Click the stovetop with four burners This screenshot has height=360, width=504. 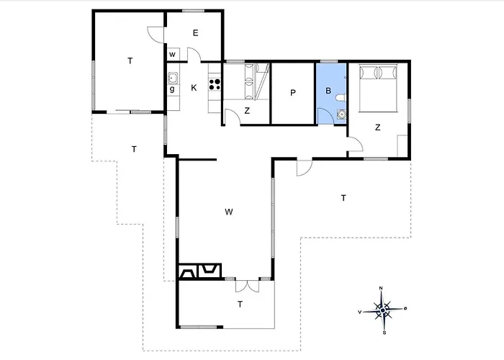tap(215, 84)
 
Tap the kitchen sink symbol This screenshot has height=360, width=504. tap(173, 78)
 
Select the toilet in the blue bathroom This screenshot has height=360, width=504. tap(341, 98)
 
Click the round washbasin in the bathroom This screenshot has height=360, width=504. tap(341, 114)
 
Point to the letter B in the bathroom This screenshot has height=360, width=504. tap(328, 91)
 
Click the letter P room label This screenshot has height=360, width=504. tap(293, 93)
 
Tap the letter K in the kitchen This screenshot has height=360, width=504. tap(194, 88)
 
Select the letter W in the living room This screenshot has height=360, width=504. tap(229, 212)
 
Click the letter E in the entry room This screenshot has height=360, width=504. tap(195, 33)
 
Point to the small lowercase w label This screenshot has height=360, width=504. tap(172, 55)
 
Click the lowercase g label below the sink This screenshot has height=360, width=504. tap(172, 89)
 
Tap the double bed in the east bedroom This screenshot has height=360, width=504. tap(378, 88)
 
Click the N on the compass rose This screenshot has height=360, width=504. tap(381, 288)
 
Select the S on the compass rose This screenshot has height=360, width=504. tap(384, 333)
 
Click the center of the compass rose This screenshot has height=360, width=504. tap(382, 310)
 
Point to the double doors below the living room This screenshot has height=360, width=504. tap(247, 285)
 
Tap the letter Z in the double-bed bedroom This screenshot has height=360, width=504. tap(378, 127)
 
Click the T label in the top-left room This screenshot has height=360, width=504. tap(130, 60)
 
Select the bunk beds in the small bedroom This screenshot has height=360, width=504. tap(249, 81)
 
